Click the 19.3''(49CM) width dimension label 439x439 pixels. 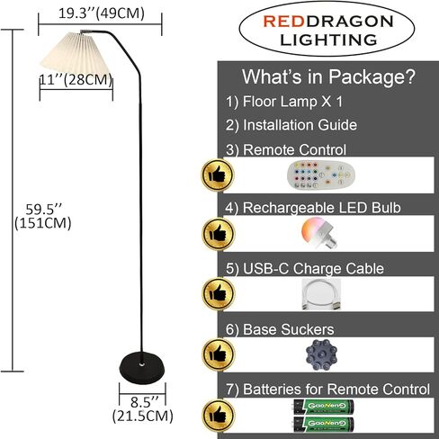coord(102,13)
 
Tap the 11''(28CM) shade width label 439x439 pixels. coord(76,80)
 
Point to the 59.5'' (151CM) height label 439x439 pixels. coord(43,216)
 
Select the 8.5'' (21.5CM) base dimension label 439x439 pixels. coord(143,409)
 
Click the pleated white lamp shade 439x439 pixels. coord(76,54)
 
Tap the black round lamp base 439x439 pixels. coord(142,367)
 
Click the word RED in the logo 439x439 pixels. coord(284,22)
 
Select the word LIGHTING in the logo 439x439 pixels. coord(328,40)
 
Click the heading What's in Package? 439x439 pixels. coord(328,76)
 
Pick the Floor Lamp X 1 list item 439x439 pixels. coord(284,102)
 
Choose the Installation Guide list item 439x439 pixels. coord(291,125)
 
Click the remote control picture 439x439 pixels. coord(321,175)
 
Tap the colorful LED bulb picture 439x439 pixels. coord(318,233)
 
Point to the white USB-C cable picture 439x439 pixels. coord(321,294)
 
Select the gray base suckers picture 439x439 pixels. coord(321,355)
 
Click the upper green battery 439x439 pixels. coord(324,407)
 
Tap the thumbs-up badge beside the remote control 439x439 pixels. coord(218,175)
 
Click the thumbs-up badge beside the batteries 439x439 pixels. coord(218,416)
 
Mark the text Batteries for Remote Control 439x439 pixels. coord(336,390)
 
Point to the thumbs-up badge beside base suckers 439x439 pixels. coord(218,354)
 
